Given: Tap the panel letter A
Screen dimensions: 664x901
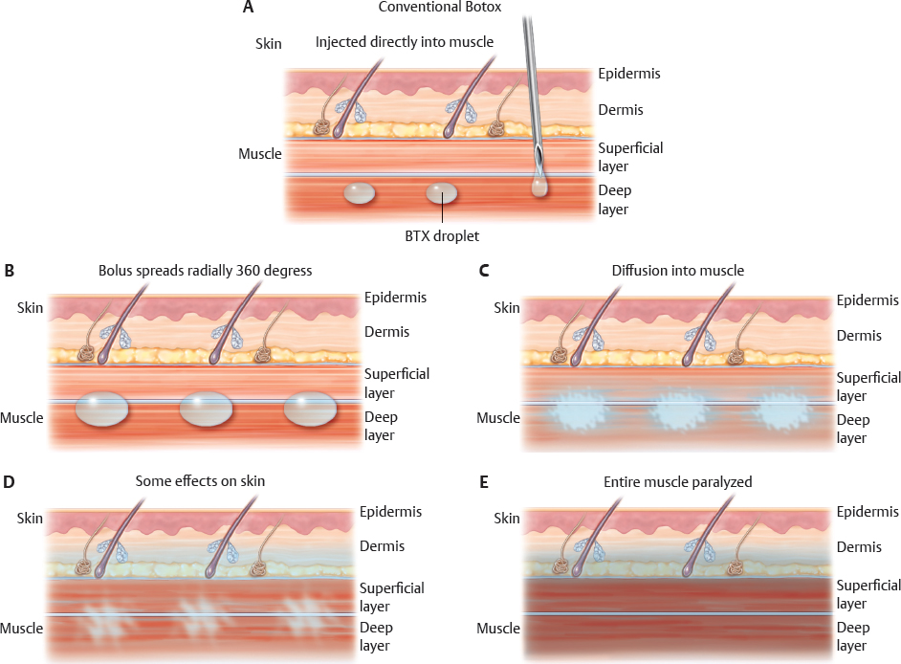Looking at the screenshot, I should point(249,8).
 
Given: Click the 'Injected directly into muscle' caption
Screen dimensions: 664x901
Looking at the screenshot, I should point(405,42).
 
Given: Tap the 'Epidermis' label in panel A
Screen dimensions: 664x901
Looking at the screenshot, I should point(628,74).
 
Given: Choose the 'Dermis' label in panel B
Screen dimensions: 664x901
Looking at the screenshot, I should point(386,332).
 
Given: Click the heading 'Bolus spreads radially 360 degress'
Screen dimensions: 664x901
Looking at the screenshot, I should point(205,271).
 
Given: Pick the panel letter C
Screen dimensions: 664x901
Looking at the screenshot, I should point(484,271).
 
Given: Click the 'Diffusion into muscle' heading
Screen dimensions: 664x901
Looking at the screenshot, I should point(678,271).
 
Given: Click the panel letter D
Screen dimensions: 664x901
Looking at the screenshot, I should point(10,481).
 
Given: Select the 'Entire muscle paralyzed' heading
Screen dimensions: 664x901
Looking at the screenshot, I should point(678,482).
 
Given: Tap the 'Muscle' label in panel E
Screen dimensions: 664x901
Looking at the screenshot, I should point(498,629).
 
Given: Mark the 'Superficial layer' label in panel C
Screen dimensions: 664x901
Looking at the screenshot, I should point(868,387).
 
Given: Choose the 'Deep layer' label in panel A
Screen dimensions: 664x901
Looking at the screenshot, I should point(615,199).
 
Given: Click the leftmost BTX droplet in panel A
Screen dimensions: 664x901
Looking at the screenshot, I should point(360,194).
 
